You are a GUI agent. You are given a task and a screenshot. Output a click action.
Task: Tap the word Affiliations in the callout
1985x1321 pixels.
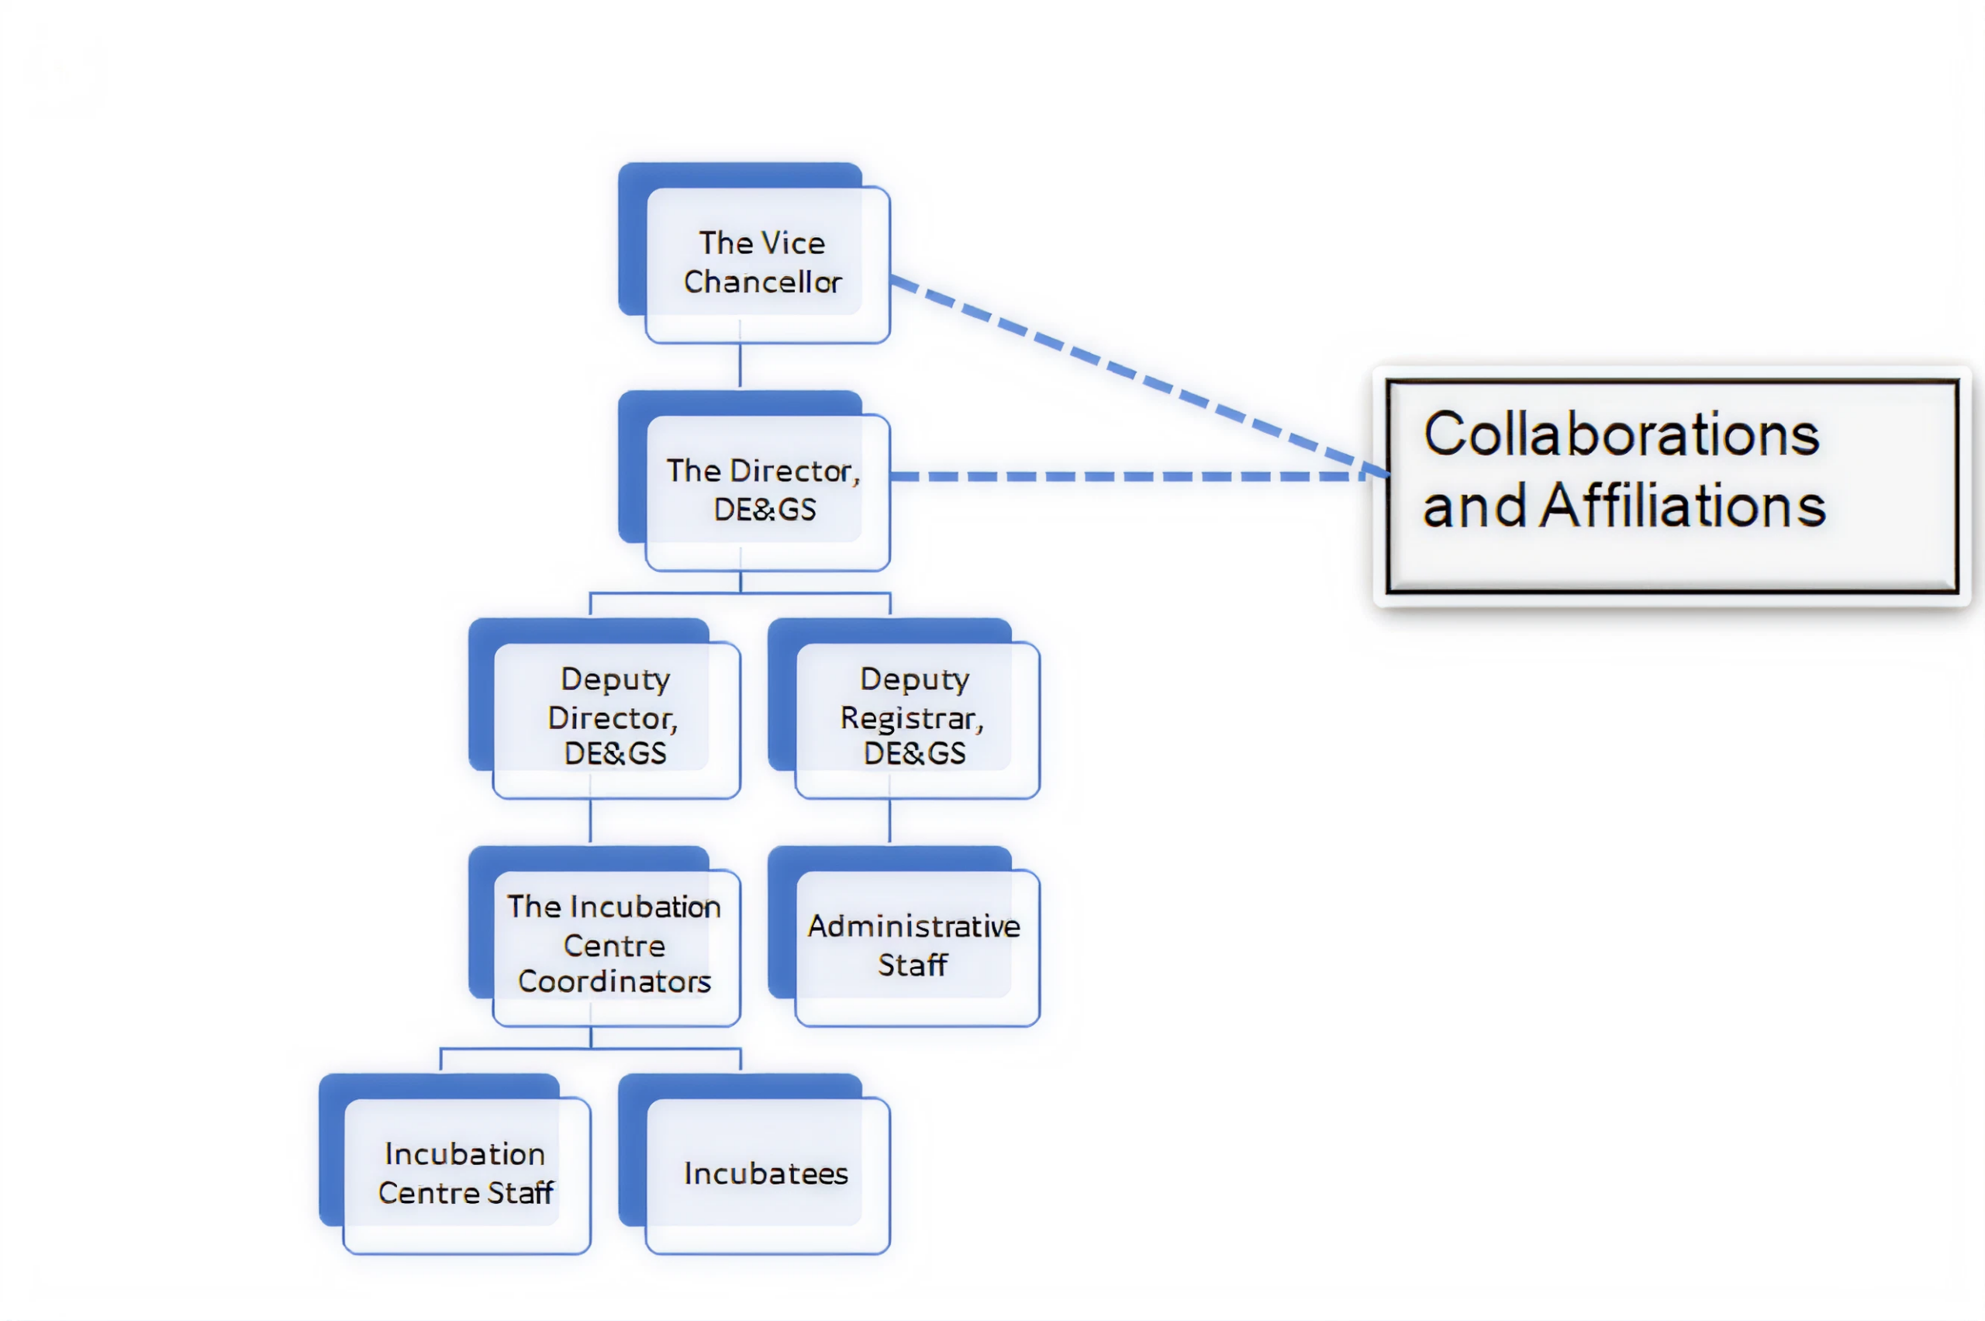click(1683, 507)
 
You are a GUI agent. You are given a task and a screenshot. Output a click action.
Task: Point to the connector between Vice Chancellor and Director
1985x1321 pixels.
click(740, 366)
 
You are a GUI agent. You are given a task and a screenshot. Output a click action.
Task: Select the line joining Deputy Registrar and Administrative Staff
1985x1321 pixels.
click(890, 821)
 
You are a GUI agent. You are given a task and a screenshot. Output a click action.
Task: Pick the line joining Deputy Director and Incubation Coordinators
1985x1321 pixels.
click(590, 821)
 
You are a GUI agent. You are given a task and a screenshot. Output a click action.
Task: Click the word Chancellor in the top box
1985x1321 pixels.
click(762, 282)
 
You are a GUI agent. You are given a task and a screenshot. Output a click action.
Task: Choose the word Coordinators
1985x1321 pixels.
click(614, 981)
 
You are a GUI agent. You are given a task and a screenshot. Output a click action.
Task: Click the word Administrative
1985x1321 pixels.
click(913, 927)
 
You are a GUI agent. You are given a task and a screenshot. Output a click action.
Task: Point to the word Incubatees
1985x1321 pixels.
click(765, 1174)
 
